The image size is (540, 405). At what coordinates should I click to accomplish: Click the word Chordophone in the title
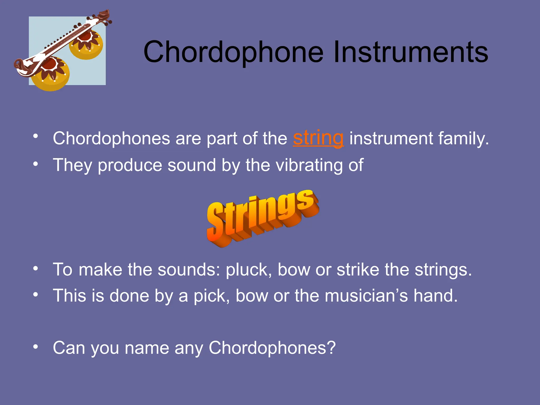pyautogui.click(x=233, y=52)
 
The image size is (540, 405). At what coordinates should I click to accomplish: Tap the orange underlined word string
pyautogui.click(x=318, y=138)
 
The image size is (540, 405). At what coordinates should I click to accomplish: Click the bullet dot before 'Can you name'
pyautogui.click(x=36, y=347)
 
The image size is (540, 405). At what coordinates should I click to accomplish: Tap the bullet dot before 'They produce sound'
pyautogui.click(x=36, y=164)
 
